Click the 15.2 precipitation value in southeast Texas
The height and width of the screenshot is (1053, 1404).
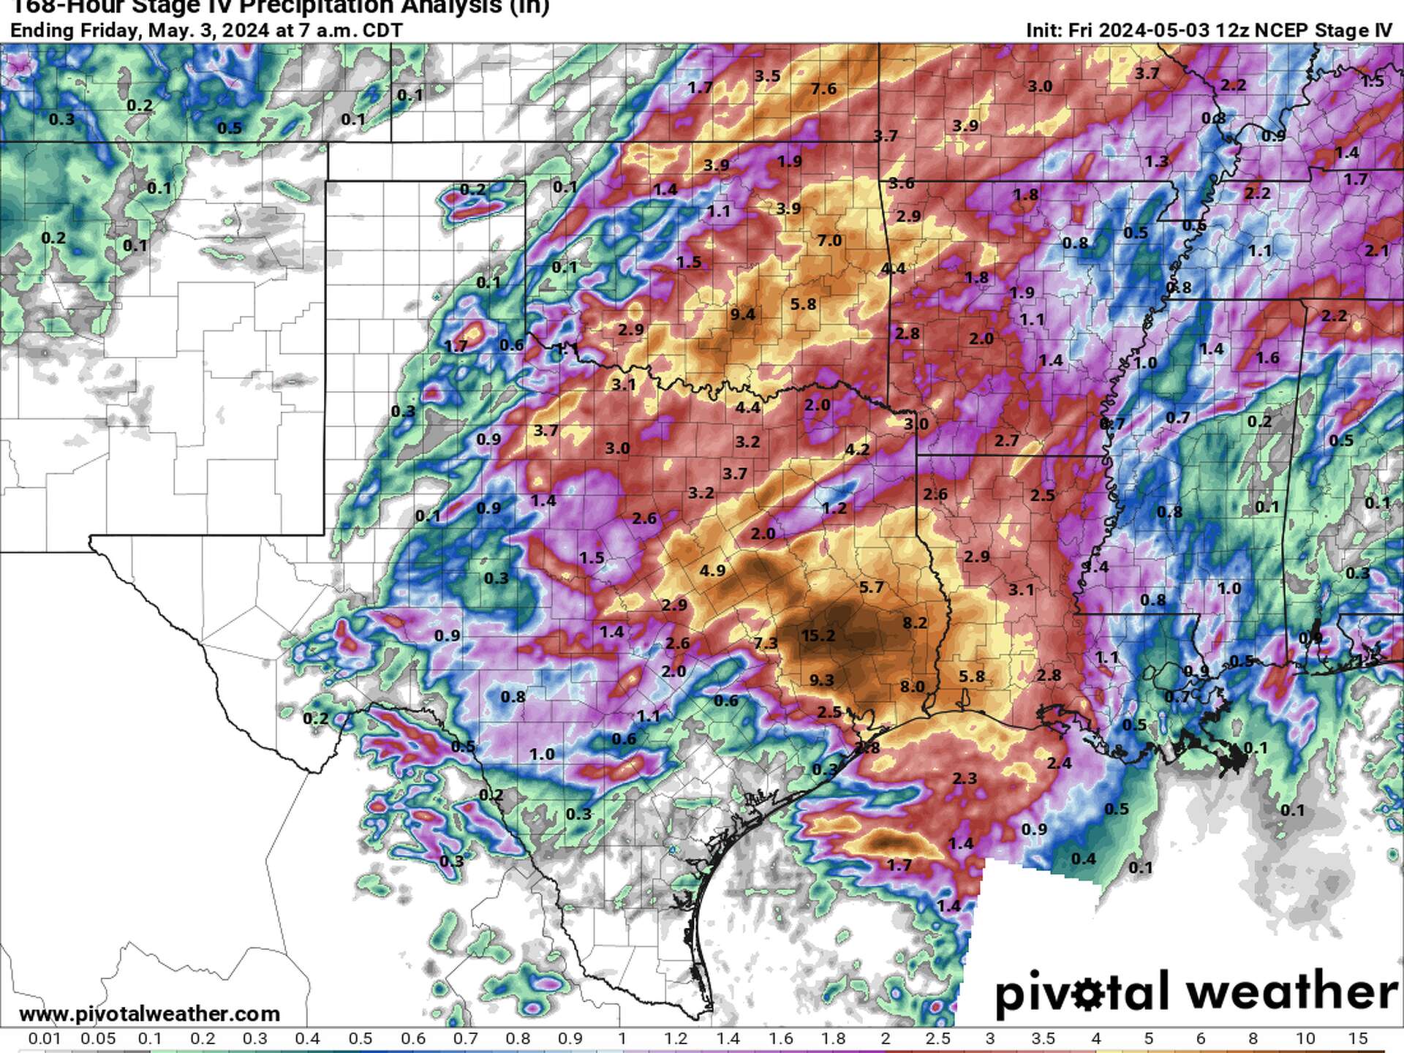pyautogui.click(x=818, y=635)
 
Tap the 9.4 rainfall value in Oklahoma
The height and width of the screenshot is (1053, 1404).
pyautogui.click(x=742, y=314)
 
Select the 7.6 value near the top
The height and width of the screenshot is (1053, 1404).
pyautogui.click(x=823, y=88)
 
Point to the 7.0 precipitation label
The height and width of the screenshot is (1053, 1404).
pyautogui.click(x=829, y=241)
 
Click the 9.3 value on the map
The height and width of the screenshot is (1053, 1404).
pyautogui.click(x=821, y=680)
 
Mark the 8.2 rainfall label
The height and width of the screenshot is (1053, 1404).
pyautogui.click(x=914, y=622)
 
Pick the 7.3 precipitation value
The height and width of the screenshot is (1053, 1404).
pyautogui.click(x=766, y=643)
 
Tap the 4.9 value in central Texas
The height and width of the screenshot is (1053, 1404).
pyautogui.click(x=712, y=570)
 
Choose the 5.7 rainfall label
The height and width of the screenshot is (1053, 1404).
pyautogui.click(x=871, y=586)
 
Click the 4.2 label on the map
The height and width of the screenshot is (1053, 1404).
pyautogui.click(x=857, y=449)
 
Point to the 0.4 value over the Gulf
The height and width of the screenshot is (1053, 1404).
pyautogui.click(x=1083, y=858)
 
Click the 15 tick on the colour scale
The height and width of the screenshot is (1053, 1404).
pyautogui.click(x=1357, y=1038)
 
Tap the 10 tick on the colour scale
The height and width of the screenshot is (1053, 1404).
pyautogui.click(x=1305, y=1038)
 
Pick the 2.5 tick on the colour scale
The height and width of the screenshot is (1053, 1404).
pyautogui.click(x=937, y=1038)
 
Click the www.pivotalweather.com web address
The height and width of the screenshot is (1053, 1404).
pyautogui.click(x=149, y=1014)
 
